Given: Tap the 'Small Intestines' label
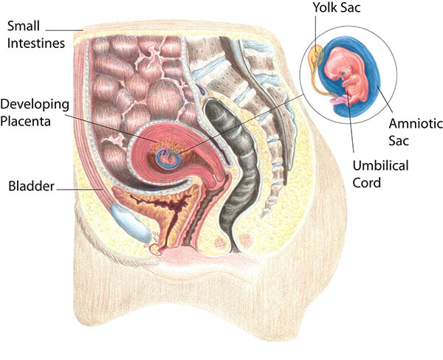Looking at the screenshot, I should coord(35,35).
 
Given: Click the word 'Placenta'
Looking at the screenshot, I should coord(29,120).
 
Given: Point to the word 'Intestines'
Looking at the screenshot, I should coord(35,43).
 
